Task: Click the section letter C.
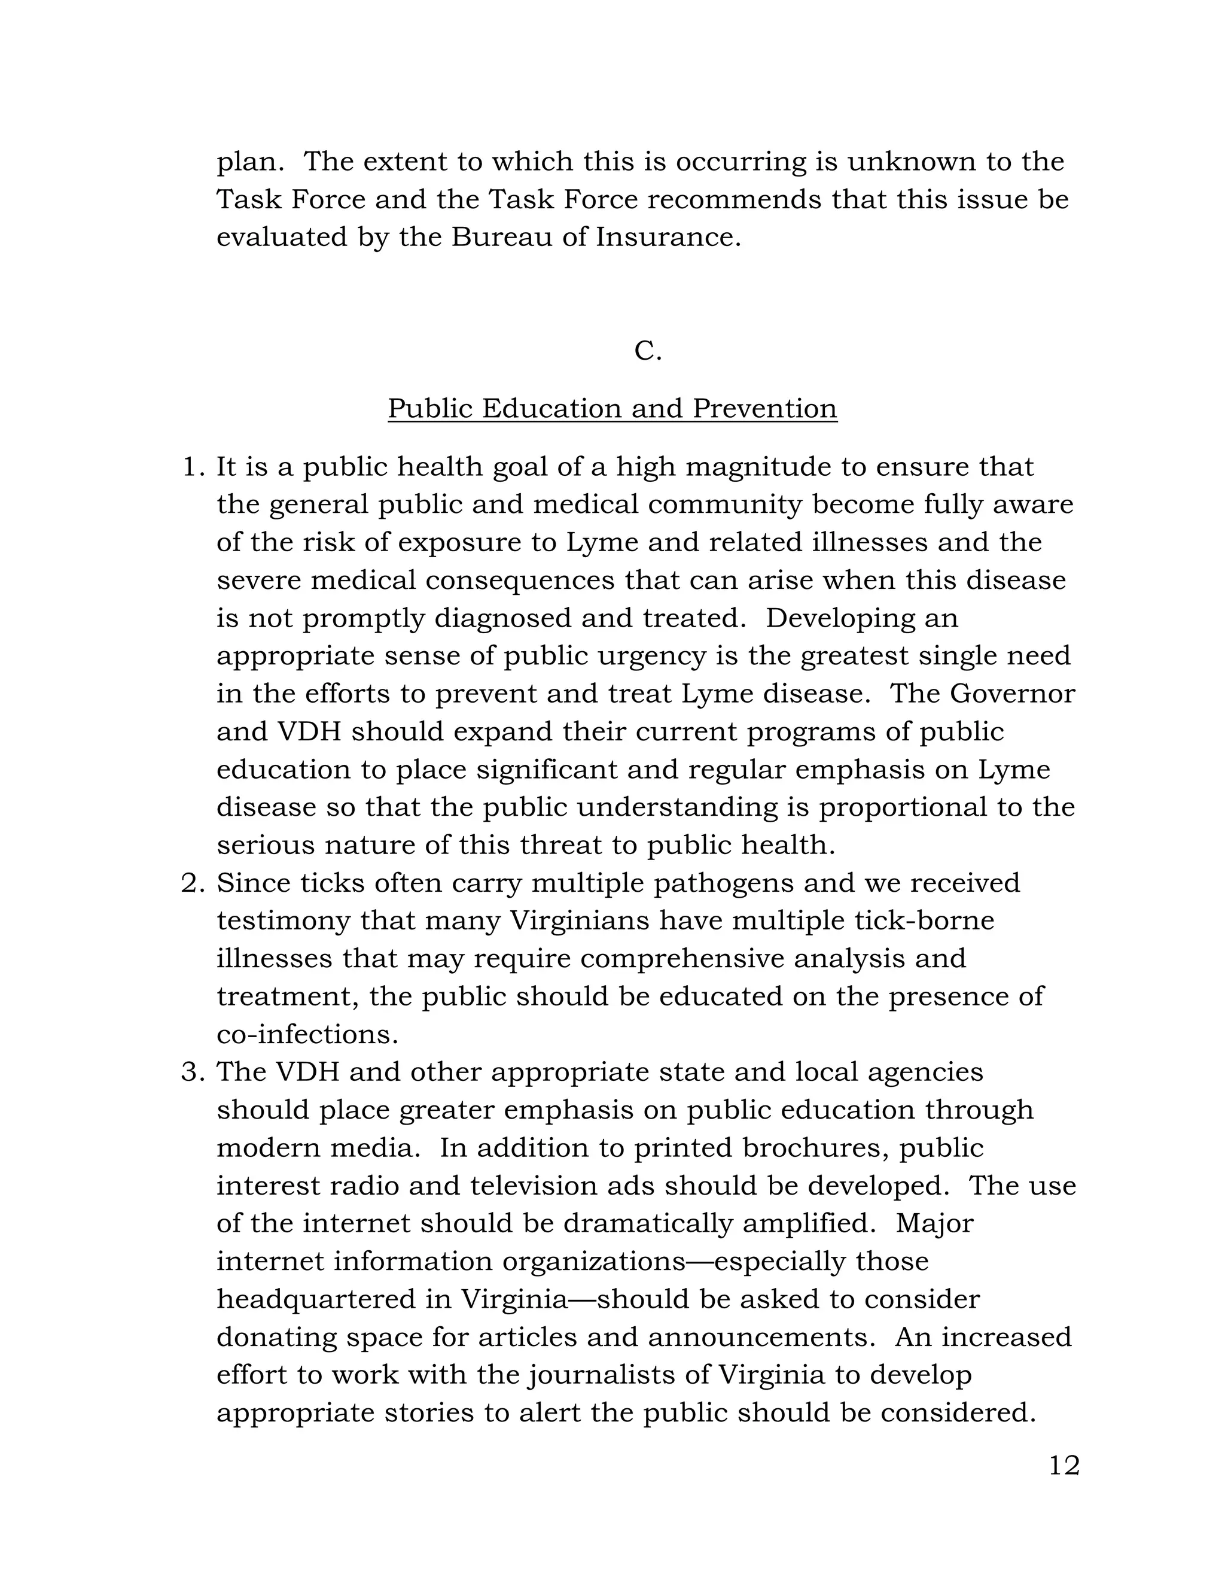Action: pyautogui.click(x=647, y=351)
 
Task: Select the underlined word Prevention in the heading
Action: pyautogui.click(x=764, y=408)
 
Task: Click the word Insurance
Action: pyautogui.click(x=667, y=238)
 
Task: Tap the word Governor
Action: pyautogui.click(x=1011, y=694)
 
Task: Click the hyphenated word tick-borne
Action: pyautogui.click(x=924, y=921)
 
